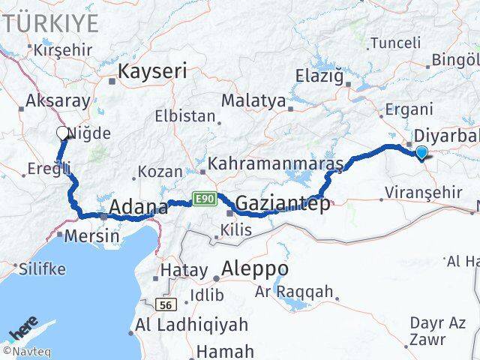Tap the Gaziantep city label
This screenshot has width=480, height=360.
click(282, 203)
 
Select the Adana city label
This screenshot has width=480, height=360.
click(138, 207)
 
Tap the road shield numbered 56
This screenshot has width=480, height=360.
click(166, 304)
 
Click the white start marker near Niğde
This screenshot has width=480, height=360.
click(62, 133)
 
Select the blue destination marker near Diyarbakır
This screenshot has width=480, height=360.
click(421, 153)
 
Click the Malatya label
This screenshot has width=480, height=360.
click(253, 100)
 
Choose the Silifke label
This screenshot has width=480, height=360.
click(42, 268)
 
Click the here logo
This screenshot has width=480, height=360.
click(23, 330)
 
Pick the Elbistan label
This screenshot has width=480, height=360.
click(184, 117)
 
